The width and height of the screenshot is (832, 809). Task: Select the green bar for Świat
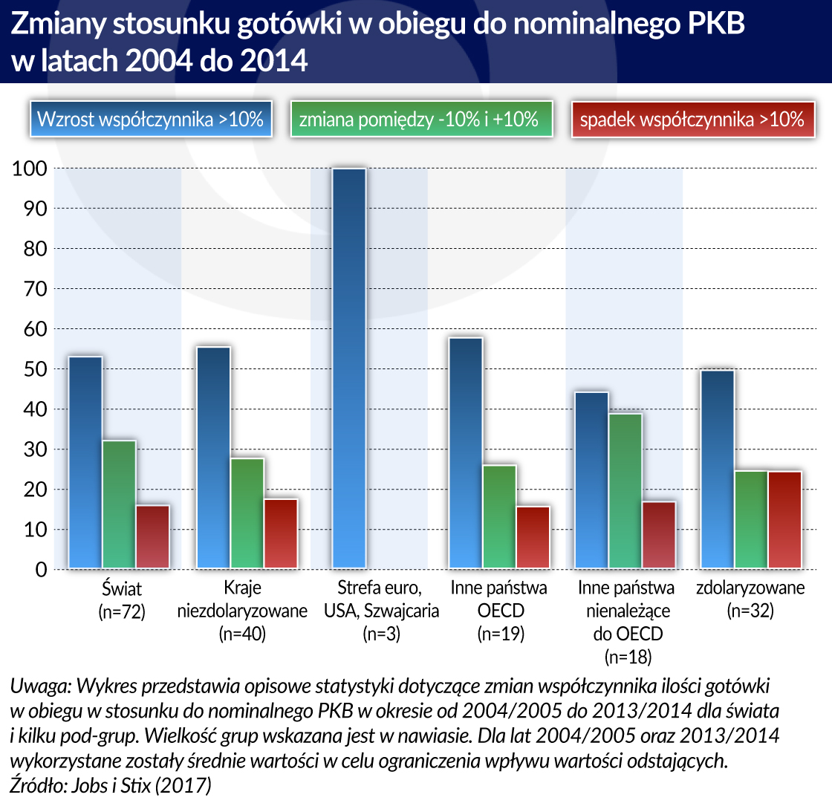(120, 504)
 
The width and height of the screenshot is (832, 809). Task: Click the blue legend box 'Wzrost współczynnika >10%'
(151, 119)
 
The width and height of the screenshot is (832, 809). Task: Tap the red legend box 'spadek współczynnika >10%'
(692, 119)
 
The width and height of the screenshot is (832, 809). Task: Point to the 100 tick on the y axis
(30, 169)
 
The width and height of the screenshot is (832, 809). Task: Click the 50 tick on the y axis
(30, 369)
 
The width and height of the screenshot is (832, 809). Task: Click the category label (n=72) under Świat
(121, 612)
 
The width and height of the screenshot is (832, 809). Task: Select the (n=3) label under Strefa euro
(381, 634)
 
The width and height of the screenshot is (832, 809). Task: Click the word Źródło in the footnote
(37, 784)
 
